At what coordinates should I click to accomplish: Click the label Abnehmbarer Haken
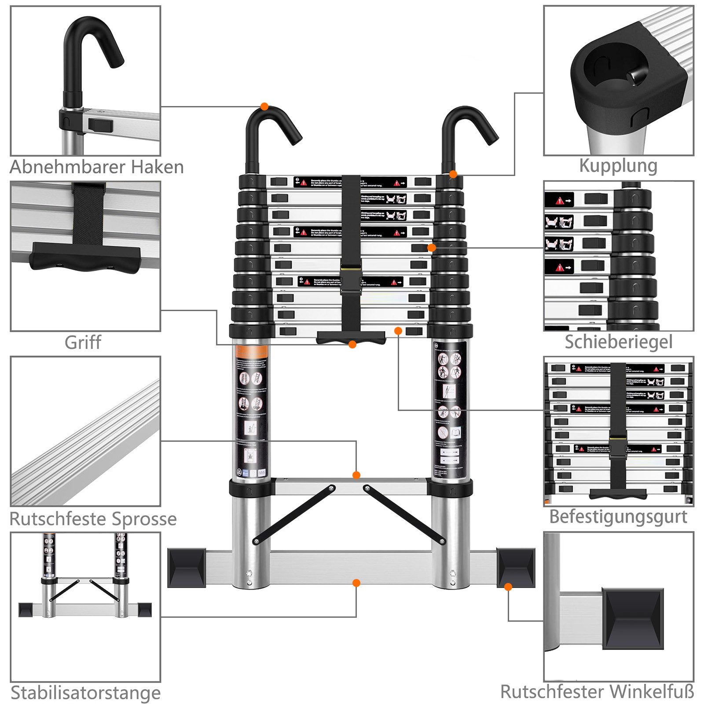click(97, 167)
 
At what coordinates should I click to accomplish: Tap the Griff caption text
click(83, 342)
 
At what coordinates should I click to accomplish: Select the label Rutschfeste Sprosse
click(93, 519)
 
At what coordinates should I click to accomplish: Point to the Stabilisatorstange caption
click(86, 693)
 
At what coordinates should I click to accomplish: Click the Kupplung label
click(618, 165)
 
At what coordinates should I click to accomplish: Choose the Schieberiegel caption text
click(619, 342)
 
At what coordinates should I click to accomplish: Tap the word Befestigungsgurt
click(618, 517)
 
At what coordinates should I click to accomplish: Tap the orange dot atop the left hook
click(264, 106)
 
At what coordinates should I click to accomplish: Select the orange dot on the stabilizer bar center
click(356, 583)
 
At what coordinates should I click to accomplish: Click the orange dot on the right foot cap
click(508, 587)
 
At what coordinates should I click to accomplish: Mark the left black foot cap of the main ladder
click(187, 568)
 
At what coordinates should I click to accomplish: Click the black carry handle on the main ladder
click(351, 337)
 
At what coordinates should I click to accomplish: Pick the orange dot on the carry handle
click(352, 345)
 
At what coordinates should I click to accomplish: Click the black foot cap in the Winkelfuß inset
click(633, 618)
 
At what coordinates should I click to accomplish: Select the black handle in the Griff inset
click(85, 258)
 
